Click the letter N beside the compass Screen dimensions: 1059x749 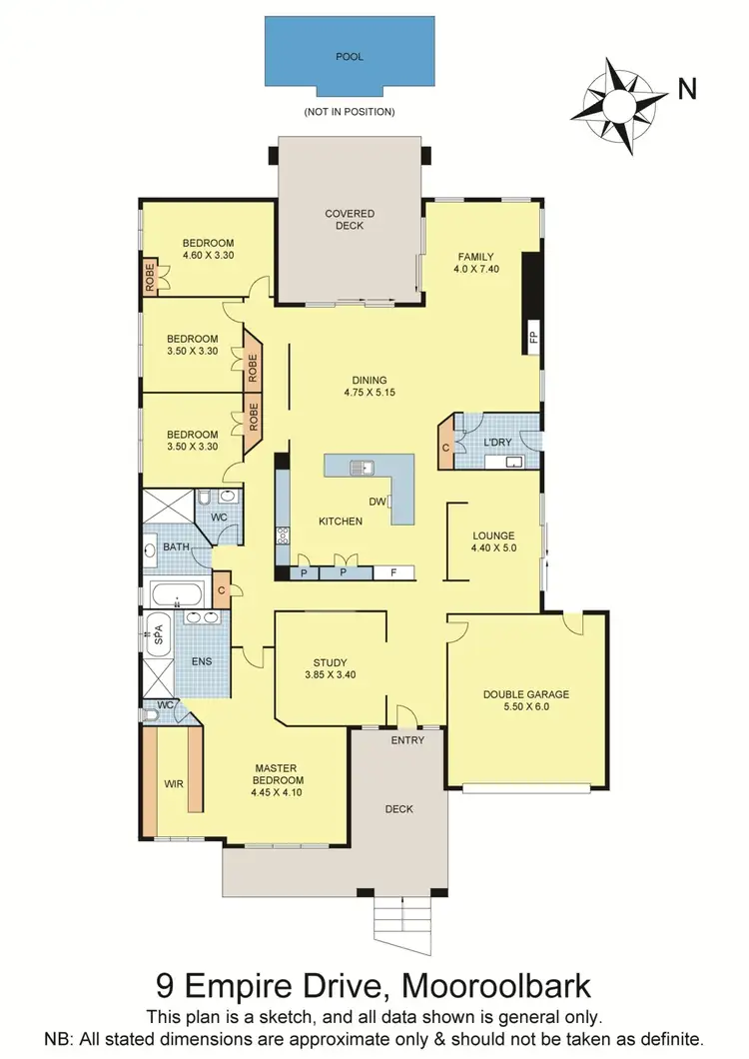(x=687, y=90)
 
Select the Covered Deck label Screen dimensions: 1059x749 (x=349, y=219)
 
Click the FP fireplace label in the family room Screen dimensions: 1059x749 (x=533, y=336)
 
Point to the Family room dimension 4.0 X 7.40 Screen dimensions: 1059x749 (x=476, y=269)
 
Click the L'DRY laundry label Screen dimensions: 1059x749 (x=496, y=442)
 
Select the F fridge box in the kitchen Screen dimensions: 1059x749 (x=393, y=572)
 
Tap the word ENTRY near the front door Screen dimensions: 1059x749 (x=407, y=740)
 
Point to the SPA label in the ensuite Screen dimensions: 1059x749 (x=156, y=632)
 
